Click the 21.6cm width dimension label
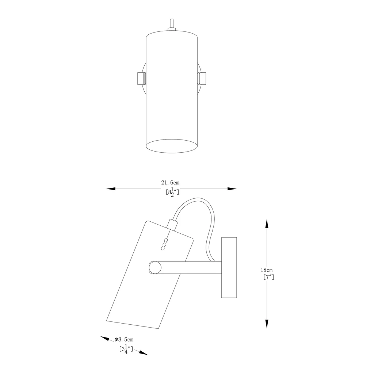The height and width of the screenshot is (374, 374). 170,183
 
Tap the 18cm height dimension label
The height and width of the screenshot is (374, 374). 266,270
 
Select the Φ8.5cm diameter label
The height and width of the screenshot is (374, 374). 124,339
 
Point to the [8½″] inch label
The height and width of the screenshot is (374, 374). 172,192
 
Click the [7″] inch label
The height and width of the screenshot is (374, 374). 269,277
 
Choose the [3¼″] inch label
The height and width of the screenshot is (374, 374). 126,350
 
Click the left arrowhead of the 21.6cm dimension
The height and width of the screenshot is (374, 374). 111,189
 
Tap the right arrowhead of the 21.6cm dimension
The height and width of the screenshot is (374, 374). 232,189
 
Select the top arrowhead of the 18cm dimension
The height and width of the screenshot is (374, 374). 267,224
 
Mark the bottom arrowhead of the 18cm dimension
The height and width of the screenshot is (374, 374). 267,324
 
